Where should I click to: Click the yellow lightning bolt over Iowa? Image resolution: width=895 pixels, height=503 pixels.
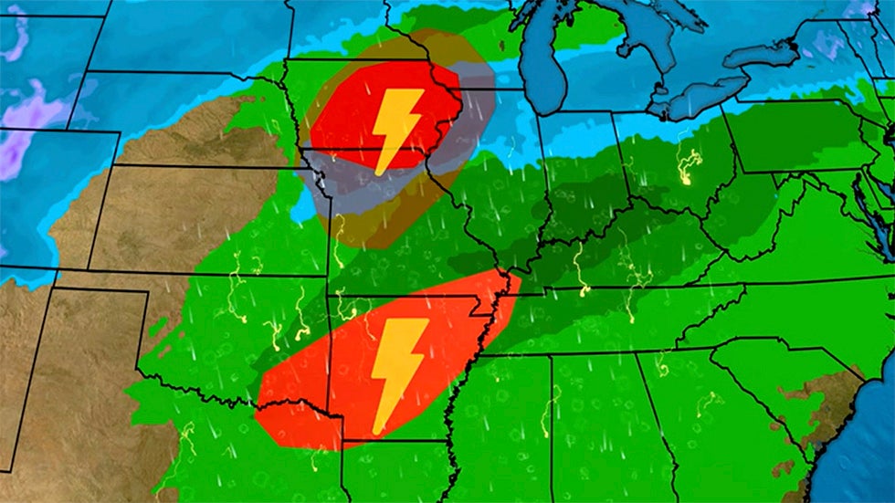(x=397, y=128)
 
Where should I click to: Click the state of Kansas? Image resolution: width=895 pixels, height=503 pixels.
(x=210, y=219)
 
